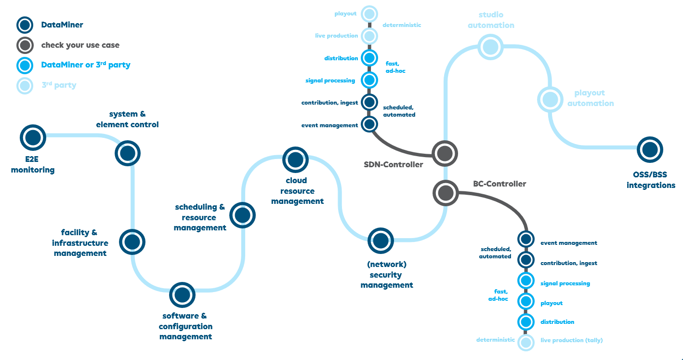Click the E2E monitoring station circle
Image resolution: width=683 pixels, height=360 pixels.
33,137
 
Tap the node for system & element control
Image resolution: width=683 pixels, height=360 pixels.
128,153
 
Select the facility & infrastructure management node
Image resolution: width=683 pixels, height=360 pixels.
132,241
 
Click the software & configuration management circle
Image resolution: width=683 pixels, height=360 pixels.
182,294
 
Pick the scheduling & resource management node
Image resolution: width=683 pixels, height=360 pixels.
242,215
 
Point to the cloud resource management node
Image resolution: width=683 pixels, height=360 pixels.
295,160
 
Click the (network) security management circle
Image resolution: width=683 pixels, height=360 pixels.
381,240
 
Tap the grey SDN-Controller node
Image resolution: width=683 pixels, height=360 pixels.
445,154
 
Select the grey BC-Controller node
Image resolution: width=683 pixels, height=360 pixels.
445,192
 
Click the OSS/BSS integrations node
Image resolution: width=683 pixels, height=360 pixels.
650,149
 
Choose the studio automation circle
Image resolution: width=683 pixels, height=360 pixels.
490,47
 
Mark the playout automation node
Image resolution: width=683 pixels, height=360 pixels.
550,99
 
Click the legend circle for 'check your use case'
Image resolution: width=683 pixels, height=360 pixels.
25,45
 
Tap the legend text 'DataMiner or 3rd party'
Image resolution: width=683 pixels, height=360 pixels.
86,65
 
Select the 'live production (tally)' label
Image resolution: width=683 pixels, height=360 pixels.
571,340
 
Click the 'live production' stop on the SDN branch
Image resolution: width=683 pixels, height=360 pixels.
369,36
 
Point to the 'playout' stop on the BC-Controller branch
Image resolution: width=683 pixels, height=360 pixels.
525,302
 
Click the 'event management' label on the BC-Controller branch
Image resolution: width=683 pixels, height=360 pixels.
568,243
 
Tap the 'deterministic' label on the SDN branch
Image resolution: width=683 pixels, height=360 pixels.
402,25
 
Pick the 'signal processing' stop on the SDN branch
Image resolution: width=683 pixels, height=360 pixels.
369,80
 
